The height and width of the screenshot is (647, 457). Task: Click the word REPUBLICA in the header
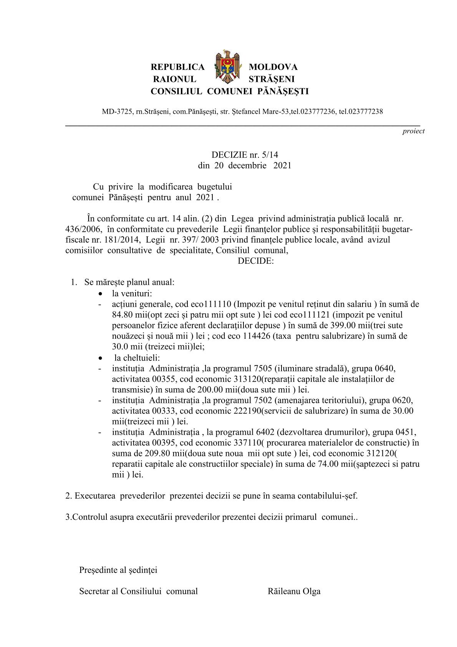pos(177,67)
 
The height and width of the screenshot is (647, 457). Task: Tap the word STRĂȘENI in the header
pos(272,79)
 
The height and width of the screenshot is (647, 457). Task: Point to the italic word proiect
pos(413,131)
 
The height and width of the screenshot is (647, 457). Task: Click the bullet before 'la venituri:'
pos(101,294)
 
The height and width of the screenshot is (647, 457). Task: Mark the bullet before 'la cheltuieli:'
pos(101,358)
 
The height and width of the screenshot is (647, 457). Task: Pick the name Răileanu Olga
pos(294,591)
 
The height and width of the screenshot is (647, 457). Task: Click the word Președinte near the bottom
pos(98,570)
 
